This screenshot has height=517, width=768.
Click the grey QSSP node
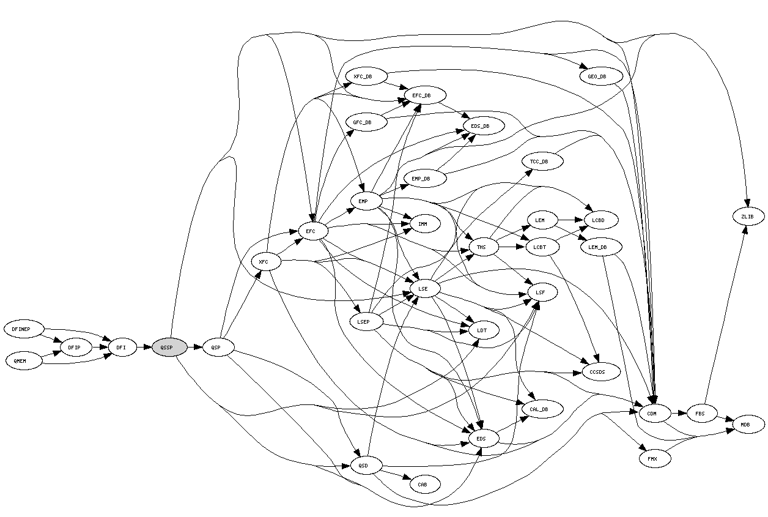click(x=169, y=348)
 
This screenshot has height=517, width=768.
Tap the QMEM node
click(x=23, y=361)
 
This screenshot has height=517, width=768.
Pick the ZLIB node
click(x=747, y=217)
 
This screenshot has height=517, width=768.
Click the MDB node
click(x=748, y=423)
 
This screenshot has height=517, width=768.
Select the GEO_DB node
click(x=601, y=76)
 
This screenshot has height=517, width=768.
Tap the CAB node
click(x=423, y=484)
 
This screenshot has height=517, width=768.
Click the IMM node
click(x=423, y=225)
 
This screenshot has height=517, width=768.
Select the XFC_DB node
click(x=366, y=76)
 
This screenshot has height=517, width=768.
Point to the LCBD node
click(x=601, y=219)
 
